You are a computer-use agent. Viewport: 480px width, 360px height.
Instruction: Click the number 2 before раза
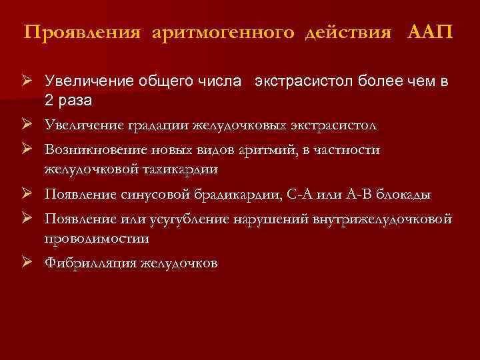(x=49, y=100)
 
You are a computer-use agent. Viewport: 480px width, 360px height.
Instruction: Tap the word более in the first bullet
(x=369, y=82)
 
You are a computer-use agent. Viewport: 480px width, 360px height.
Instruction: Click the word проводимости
(x=97, y=237)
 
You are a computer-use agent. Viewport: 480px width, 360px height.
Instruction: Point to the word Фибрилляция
(x=91, y=263)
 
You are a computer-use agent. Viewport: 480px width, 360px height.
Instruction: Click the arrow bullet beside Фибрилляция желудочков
(x=27, y=262)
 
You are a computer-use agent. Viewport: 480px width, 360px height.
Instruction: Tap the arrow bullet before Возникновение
(x=27, y=149)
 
